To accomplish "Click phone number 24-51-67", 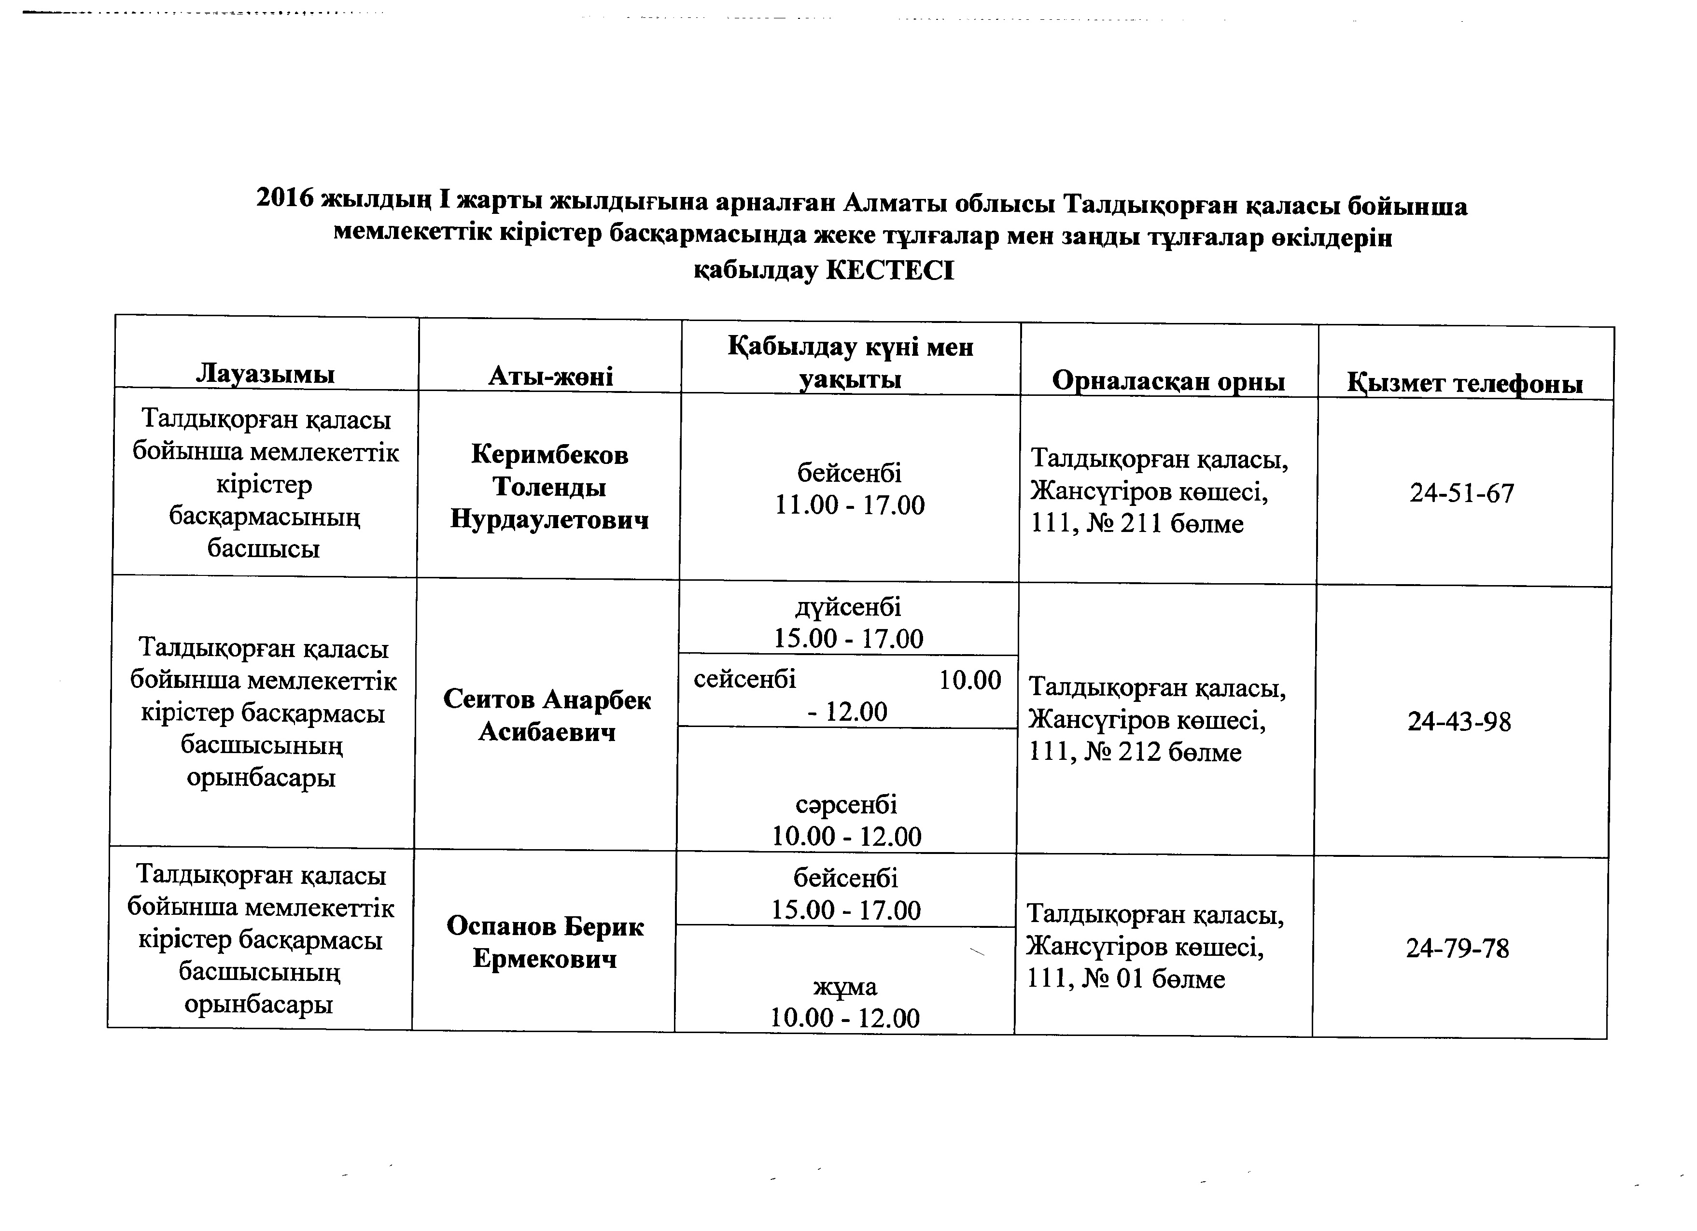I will pos(1462,493).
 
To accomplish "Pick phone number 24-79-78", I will pos(1457,949).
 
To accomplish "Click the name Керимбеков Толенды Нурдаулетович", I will pos(549,487).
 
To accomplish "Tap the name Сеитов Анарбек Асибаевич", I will pos(547,715).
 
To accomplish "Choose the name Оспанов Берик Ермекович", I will pos(545,943).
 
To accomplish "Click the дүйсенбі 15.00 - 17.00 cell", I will pos(849,623).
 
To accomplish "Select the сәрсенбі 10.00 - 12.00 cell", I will pos(846,820).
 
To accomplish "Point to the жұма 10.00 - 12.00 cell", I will pos(845,1002).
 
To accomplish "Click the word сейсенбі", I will pos(744,680).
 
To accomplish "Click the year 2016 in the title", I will pos(284,198).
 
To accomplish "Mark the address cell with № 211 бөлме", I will pos(1160,491).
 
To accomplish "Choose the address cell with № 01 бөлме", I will pos(1154,947).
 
